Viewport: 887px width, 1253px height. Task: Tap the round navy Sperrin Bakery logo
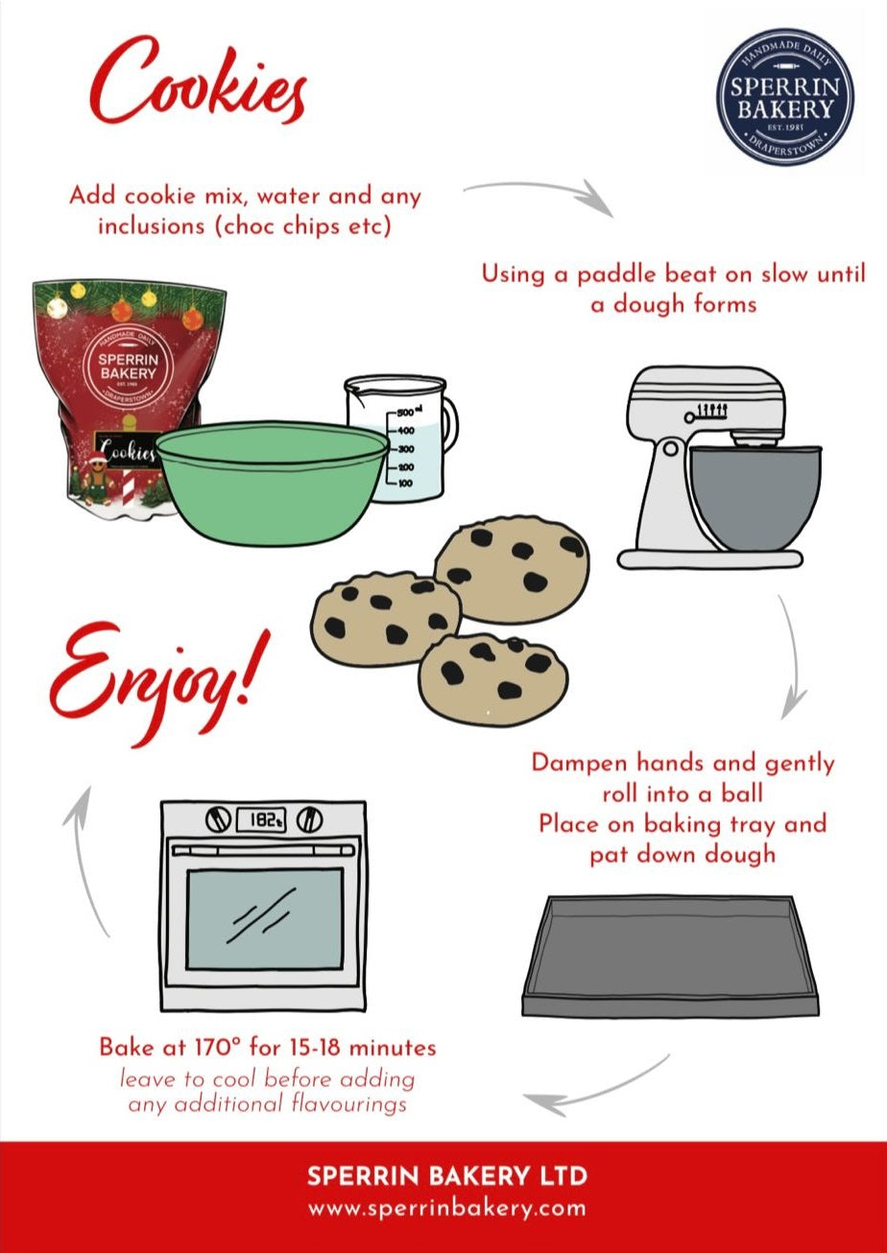[784, 97]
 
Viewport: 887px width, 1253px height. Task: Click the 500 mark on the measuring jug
[405, 413]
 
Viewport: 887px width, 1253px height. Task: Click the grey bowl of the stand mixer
[756, 497]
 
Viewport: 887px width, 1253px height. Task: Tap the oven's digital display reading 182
[261, 820]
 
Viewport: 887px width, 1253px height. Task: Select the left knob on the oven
[218, 820]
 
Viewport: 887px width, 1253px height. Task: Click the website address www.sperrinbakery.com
[446, 1208]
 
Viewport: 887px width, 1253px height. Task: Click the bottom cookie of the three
[493, 679]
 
